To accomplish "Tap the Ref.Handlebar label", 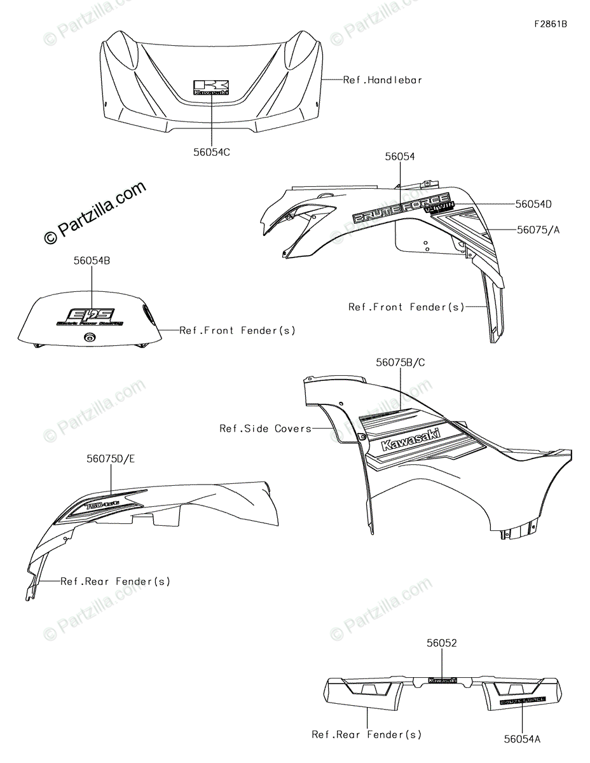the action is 383,80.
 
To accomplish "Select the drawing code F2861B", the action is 550,24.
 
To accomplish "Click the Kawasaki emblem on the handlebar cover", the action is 211,88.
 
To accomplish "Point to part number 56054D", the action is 533,204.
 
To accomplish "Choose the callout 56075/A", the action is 539,230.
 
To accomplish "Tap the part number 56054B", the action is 92,261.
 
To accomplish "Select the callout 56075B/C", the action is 401,362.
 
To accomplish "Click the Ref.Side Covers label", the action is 265,429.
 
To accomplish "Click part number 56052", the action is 442,643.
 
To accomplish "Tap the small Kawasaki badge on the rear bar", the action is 443,680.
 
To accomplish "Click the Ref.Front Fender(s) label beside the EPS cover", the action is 237,331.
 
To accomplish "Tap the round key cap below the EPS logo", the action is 88,338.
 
